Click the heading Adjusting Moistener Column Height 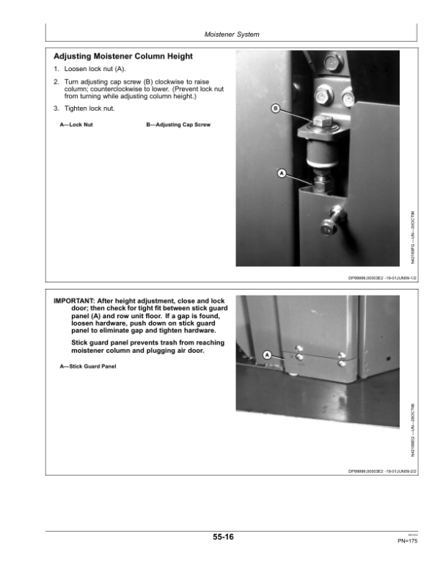[123, 56]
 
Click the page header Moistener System [231, 34]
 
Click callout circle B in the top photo [276, 110]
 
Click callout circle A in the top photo [281, 174]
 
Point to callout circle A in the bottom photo [267, 354]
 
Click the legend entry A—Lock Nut [76, 125]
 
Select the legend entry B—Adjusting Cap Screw [178, 125]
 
